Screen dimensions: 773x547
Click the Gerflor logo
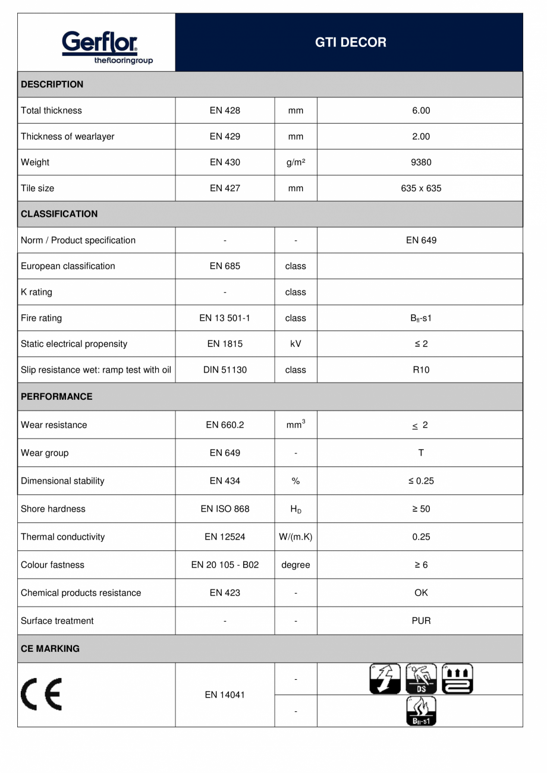(99, 46)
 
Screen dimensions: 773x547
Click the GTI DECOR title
(350, 43)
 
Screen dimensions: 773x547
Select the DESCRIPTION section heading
(52, 84)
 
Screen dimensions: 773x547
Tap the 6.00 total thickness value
(420, 111)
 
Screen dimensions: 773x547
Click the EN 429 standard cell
(225, 137)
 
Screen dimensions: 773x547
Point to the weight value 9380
(420, 162)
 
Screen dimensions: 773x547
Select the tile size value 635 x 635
(420, 188)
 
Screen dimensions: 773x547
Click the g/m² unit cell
(295, 162)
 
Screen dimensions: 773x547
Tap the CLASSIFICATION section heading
(59, 214)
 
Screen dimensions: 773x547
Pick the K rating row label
(36, 292)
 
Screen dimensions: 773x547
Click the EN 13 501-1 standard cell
(225, 318)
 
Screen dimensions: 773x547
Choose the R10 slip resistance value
(420, 370)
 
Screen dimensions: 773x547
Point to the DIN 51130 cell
(225, 370)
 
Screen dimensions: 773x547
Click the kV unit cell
(295, 344)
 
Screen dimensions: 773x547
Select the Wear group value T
(420, 453)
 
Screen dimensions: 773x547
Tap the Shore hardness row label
(53, 509)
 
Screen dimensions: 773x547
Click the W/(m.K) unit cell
(295, 537)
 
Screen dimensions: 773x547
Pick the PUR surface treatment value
(420, 621)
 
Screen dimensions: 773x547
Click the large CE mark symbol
(43, 695)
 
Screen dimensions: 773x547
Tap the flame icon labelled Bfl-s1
(420, 711)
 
